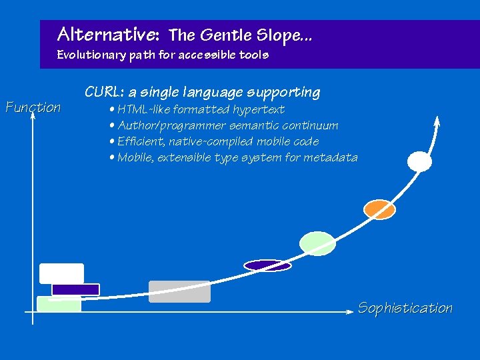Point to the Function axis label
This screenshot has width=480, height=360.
pyautogui.click(x=33, y=107)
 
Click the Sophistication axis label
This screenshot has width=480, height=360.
pyautogui.click(x=405, y=308)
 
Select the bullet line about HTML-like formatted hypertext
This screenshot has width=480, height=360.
pyautogui.click(x=200, y=109)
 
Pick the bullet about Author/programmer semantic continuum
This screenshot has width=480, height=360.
pyautogui.click(x=227, y=125)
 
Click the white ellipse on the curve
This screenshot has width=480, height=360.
pyautogui.click(x=419, y=161)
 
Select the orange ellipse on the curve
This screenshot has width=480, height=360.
pyautogui.click(x=379, y=209)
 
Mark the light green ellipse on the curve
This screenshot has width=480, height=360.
pyautogui.click(x=317, y=243)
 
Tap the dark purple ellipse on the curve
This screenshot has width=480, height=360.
pyautogui.click(x=267, y=265)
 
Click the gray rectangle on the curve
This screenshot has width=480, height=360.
pyautogui.click(x=179, y=291)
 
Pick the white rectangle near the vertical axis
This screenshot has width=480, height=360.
pyautogui.click(x=61, y=273)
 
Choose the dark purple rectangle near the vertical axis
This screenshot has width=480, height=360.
pyautogui.click(x=75, y=289)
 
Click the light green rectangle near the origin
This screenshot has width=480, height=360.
pyautogui.click(x=58, y=304)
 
